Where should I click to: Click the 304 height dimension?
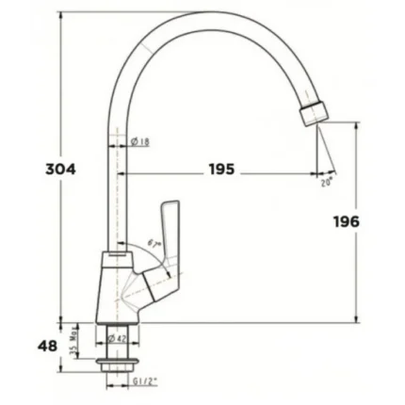point(61,170)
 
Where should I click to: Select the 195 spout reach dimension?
point(222,170)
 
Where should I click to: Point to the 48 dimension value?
point(46,345)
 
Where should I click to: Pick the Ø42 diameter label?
point(118,338)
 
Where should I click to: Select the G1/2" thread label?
point(143,382)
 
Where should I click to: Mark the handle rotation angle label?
point(154,243)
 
